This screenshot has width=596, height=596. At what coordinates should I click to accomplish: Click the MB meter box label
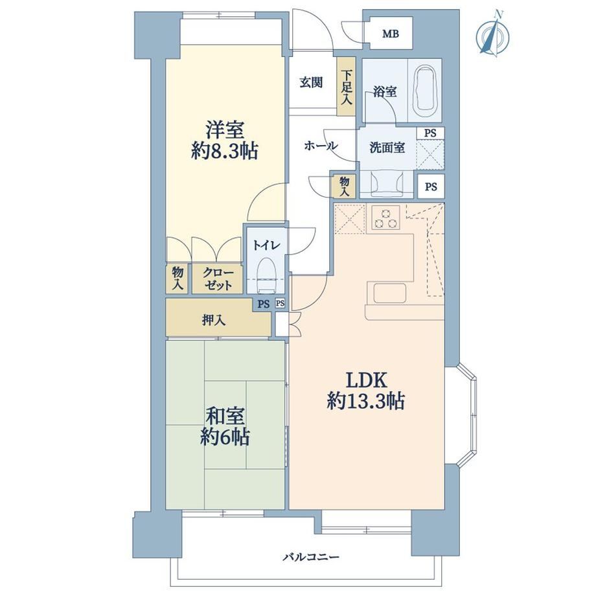tap(391, 34)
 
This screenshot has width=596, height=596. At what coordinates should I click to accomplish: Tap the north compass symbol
tap(493, 36)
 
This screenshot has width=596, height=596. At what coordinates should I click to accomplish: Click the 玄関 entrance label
tap(312, 82)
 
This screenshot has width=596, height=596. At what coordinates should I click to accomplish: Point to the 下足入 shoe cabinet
tap(347, 87)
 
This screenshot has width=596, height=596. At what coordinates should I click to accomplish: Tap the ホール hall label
tap(321, 146)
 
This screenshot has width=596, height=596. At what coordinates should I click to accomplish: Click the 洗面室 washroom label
tap(387, 148)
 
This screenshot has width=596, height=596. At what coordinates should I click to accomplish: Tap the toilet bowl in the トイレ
tap(266, 275)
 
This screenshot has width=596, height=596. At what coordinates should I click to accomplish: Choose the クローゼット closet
tap(218, 279)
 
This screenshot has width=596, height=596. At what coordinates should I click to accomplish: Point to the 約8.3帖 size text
tap(225, 152)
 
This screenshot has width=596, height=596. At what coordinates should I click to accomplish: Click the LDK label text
tap(366, 380)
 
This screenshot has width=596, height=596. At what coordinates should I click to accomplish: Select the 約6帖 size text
tap(225, 437)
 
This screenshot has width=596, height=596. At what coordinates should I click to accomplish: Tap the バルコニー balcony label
tap(311, 558)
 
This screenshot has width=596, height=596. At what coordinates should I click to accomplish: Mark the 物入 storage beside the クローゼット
tap(178, 279)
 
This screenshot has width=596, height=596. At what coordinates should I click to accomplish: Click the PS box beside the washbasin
tap(431, 187)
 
